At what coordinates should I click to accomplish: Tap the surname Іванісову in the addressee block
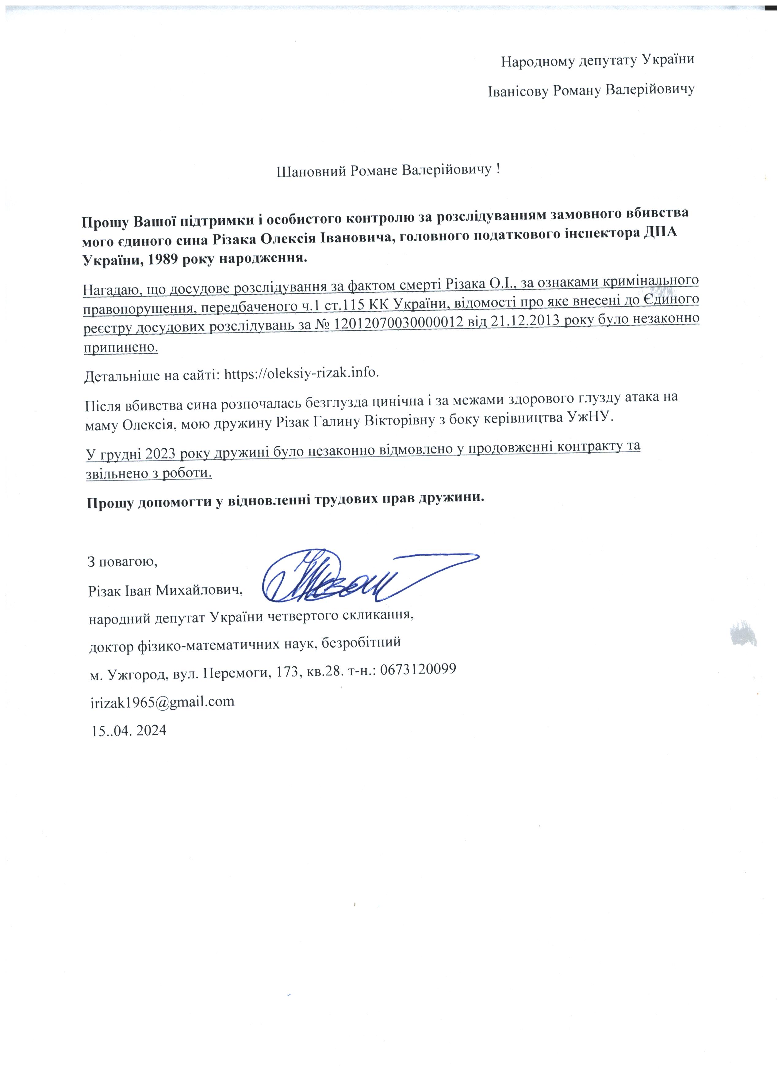click(518, 90)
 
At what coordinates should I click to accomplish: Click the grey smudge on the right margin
click(743, 633)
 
